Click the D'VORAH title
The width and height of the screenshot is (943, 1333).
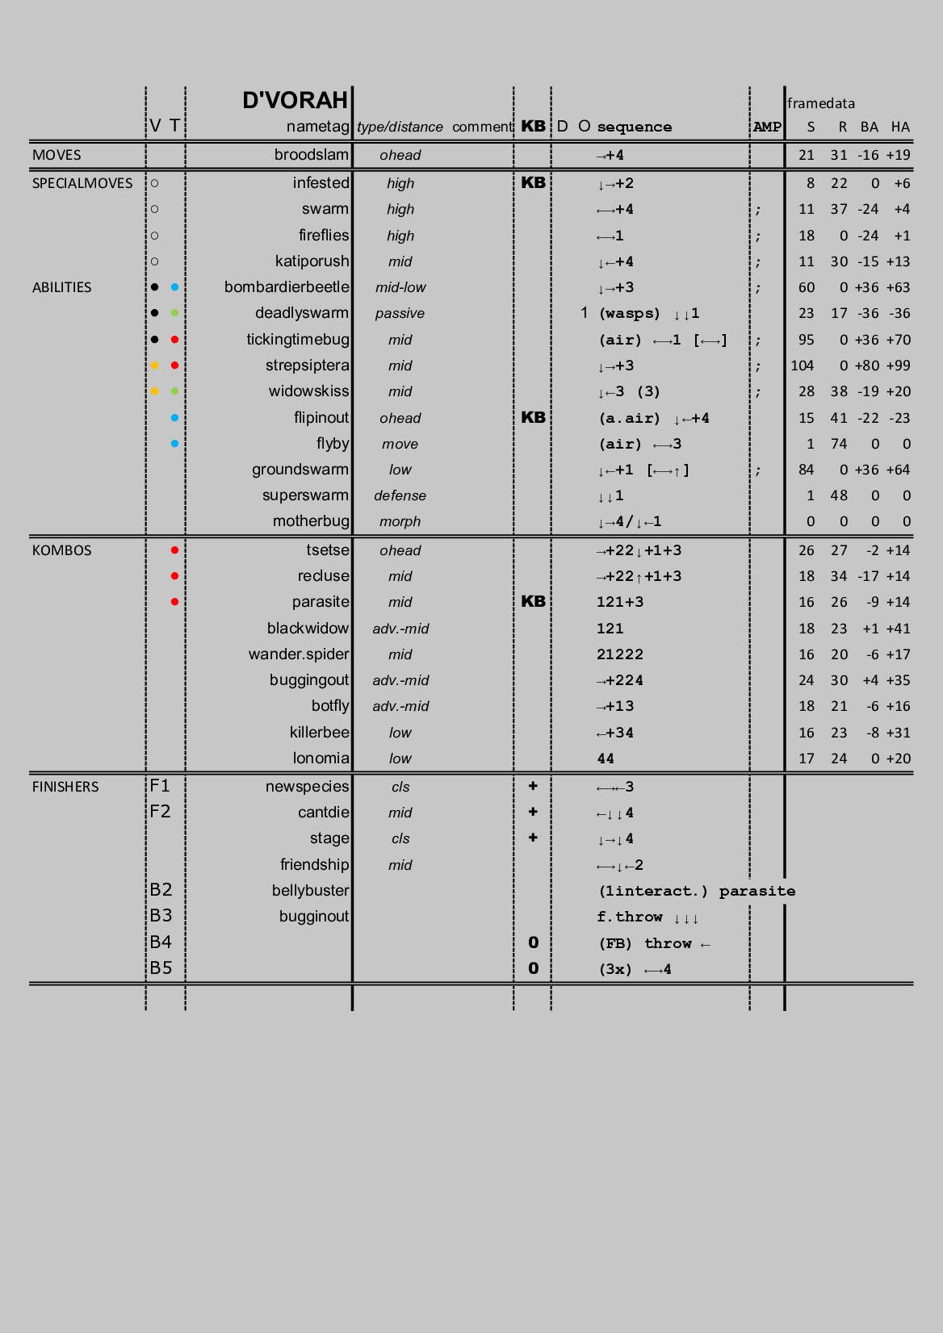click(295, 100)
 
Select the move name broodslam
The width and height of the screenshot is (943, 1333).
click(311, 155)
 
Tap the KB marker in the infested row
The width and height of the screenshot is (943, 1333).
click(533, 182)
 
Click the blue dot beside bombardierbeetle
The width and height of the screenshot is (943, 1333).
click(174, 287)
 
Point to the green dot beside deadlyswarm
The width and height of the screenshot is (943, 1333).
click(174, 313)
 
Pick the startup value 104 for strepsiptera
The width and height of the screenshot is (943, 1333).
click(802, 366)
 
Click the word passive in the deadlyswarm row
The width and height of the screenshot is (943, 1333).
click(400, 314)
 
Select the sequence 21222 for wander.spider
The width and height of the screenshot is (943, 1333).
click(620, 654)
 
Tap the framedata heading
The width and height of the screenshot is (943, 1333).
click(820, 103)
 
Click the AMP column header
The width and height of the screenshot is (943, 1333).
click(767, 127)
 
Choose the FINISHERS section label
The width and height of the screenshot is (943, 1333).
click(65, 787)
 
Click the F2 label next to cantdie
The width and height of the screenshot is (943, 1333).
click(160, 812)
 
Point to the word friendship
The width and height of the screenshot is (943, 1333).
click(314, 865)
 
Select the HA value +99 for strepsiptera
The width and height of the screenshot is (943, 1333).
click(898, 366)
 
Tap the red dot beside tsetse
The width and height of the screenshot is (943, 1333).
click(174, 550)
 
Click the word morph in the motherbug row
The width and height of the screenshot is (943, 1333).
click(400, 522)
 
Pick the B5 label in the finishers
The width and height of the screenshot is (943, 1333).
click(161, 968)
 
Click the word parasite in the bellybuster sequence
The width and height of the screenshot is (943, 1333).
click(756, 891)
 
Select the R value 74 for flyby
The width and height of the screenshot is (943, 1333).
click(839, 444)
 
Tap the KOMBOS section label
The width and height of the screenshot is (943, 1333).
click(62, 550)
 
